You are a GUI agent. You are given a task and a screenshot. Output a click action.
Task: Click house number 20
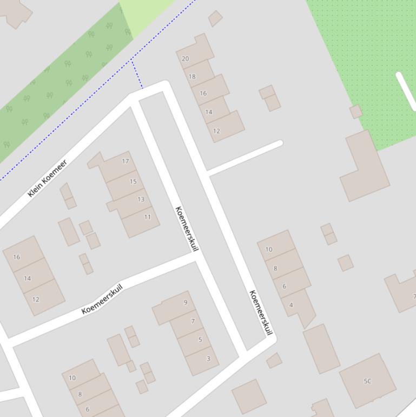pyautogui.click(x=186, y=58)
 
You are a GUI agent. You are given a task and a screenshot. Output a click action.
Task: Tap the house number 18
pyautogui.click(x=192, y=76)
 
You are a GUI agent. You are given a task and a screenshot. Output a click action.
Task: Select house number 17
pyautogui.click(x=126, y=161)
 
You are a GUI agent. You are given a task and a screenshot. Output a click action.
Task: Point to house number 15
pyautogui.click(x=133, y=181)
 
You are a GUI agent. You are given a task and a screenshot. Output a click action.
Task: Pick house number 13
pyautogui.click(x=141, y=199)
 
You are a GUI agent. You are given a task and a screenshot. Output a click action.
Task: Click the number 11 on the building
pyautogui.click(x=147, y=217)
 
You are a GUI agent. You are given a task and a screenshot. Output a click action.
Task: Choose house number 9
pyautogui.click(x=186, y=303)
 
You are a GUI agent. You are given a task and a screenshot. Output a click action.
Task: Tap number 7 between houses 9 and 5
pyautogui.click(x=193, y=321)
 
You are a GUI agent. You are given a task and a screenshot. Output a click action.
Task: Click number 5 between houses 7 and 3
pyautogui.click(x=200, y=340)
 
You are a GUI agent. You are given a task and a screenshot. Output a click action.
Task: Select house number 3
pyautogui.click(x=208, y=359)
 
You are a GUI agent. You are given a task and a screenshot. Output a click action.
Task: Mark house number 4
pyautogui.click(x=291, y=305)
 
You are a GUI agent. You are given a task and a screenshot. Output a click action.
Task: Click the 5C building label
pyautogui.click(x=367, y=381)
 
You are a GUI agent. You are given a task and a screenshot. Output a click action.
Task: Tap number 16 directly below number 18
pyautogui.click(x=203, y=93)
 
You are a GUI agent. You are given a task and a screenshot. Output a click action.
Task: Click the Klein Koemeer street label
pyautogui.click(x=48, y=178)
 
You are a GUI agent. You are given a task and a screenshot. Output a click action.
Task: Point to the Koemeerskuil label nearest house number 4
pyautogui.click(x=261, y=312)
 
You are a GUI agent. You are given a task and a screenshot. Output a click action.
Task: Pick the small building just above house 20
pyautogui.click(x=215, y=18)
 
